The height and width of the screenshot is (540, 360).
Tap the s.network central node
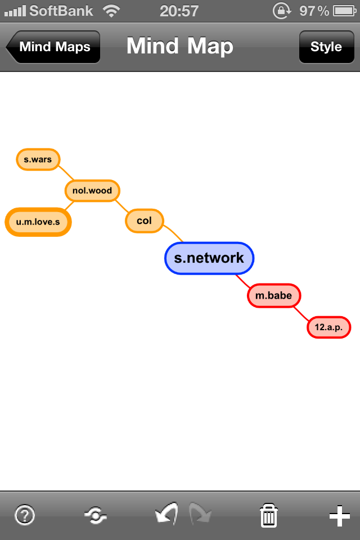tap(209, 258)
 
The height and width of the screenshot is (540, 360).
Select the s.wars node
tap(38, 160)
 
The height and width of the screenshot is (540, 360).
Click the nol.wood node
tap(92, 191)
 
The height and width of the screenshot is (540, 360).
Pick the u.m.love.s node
tap(38, 222)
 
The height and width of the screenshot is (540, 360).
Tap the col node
tap(144, 221)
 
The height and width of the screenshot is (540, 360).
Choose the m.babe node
tap(274, 295)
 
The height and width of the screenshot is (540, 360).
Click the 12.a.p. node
tap(329, 327)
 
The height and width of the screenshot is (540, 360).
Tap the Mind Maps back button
tap(54, 47)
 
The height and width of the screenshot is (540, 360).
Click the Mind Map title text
tap(179, 46)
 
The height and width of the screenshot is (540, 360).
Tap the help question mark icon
tap(25, 515)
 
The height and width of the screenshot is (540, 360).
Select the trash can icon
tap(269, 515)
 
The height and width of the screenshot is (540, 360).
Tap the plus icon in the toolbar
tap(339, 515)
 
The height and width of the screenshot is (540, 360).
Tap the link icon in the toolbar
tap(95, 515)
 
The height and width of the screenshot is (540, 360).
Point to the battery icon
tap(343, 11)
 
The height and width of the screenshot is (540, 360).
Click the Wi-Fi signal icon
tap(112, 11)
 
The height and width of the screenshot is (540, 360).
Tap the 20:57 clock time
tap(179, 11)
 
